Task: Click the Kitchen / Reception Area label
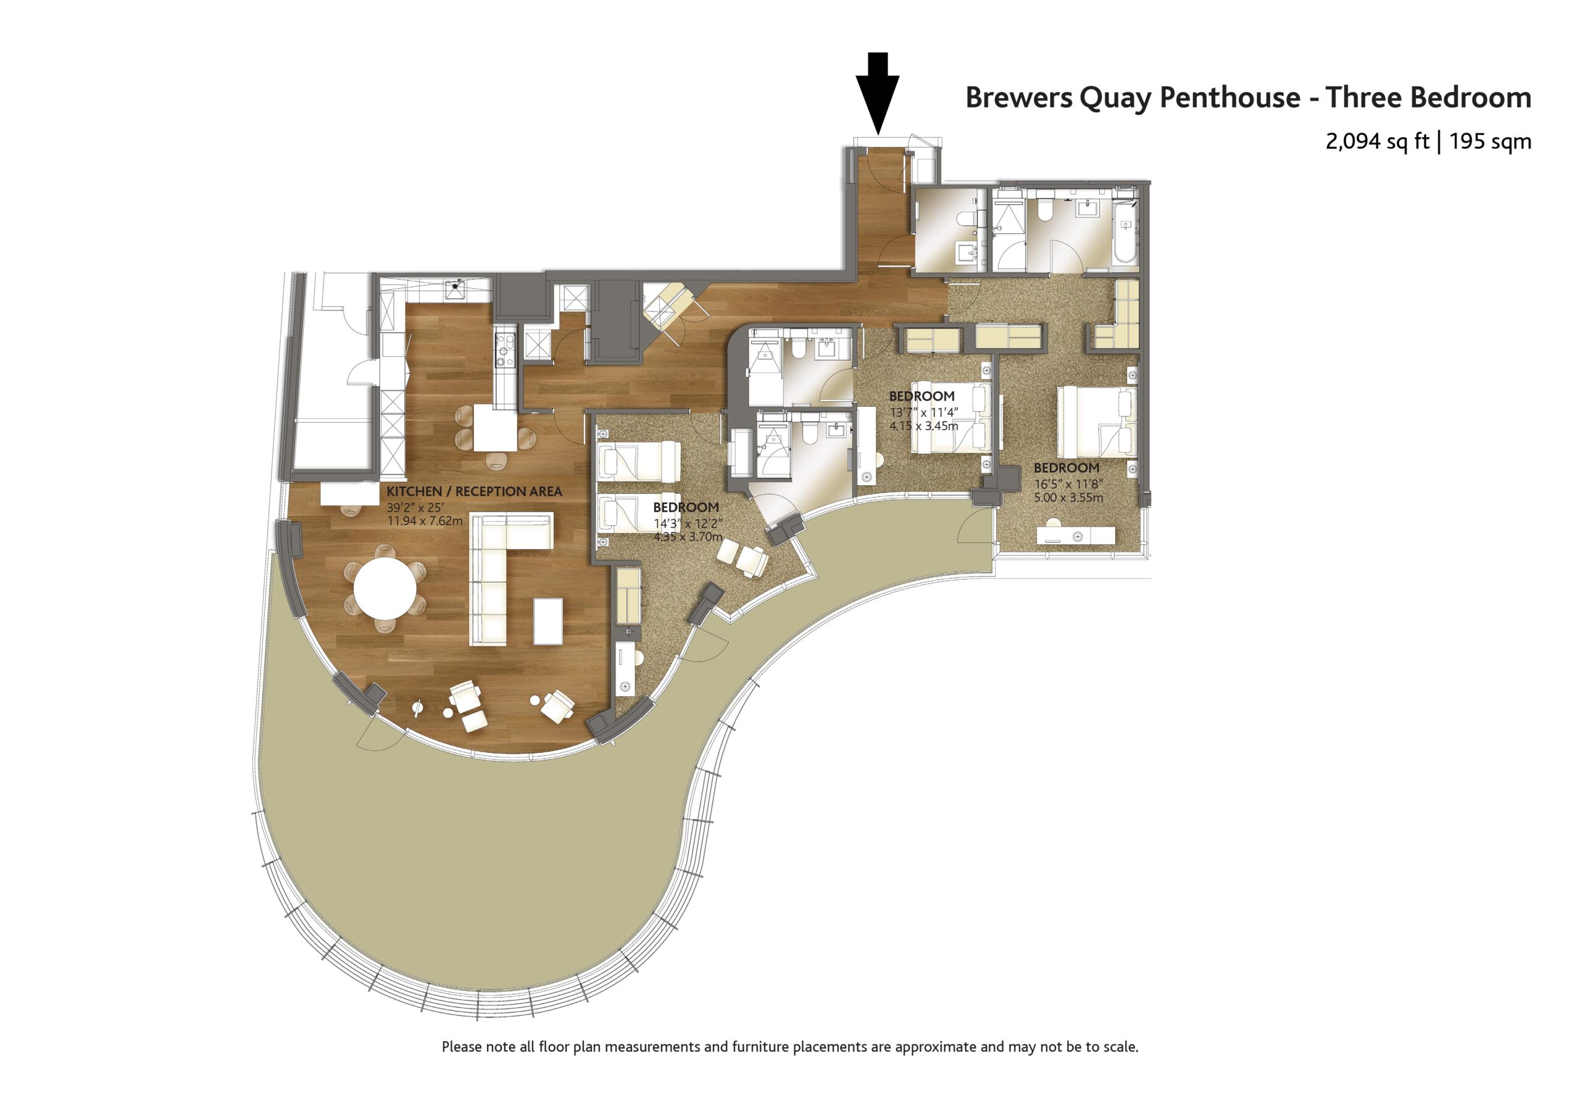(474, 491)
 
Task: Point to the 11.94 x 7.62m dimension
(425, 521)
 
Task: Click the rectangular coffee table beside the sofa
(548, 621)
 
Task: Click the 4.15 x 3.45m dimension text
(923, 426)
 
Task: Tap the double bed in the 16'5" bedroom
(1097, 422)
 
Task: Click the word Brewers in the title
(1018, 98)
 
